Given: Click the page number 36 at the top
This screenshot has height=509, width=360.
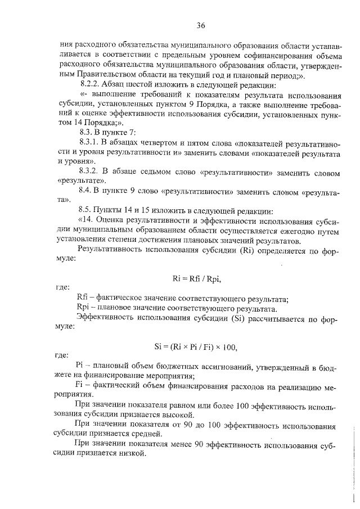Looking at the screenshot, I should click(201, 25).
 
